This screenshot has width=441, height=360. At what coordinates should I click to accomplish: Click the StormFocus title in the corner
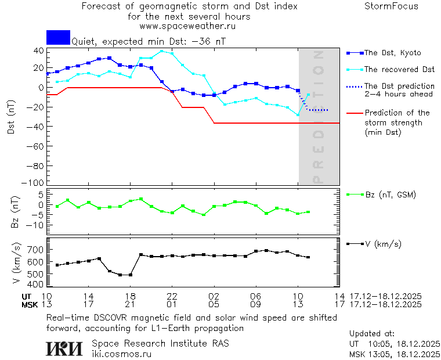point(391,6)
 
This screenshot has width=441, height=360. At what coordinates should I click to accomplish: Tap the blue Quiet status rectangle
point(58,38)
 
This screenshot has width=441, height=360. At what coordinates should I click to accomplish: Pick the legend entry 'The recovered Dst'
point(399,70)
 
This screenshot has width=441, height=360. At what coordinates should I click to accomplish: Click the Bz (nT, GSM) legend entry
point(390,195)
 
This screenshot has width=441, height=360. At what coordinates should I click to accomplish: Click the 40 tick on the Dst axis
point(38,51)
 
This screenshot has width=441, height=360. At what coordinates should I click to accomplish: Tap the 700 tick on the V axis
point(35,250)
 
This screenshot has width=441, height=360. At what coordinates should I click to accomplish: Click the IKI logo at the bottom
point(65,348)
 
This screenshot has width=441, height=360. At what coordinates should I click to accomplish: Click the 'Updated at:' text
point(372,334)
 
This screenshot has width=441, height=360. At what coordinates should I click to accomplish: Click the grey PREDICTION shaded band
point(319,145)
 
